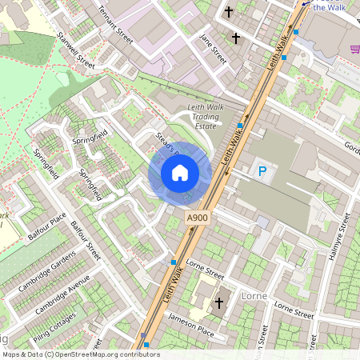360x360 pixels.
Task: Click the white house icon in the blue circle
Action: point(180,172)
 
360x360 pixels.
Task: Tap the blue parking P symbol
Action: point(262,170)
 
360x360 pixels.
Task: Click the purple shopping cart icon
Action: point(354,49)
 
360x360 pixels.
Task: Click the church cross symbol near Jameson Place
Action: point(219,302)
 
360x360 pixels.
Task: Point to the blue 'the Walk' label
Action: point(330,6)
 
